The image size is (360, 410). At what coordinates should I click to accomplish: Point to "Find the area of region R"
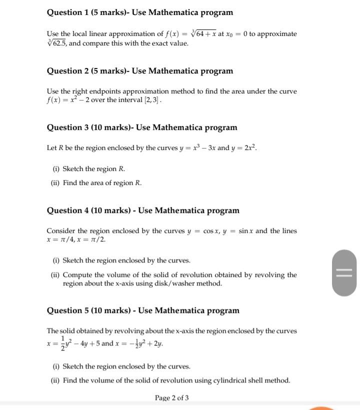(x=102, y=183)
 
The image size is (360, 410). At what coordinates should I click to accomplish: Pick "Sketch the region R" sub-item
(x=93, y=169)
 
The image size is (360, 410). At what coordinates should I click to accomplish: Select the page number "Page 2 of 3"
(x=171, y=398)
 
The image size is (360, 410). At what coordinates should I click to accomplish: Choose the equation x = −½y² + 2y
(x=142, y=344)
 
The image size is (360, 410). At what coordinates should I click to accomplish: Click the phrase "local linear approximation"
(x=108, y=34)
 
